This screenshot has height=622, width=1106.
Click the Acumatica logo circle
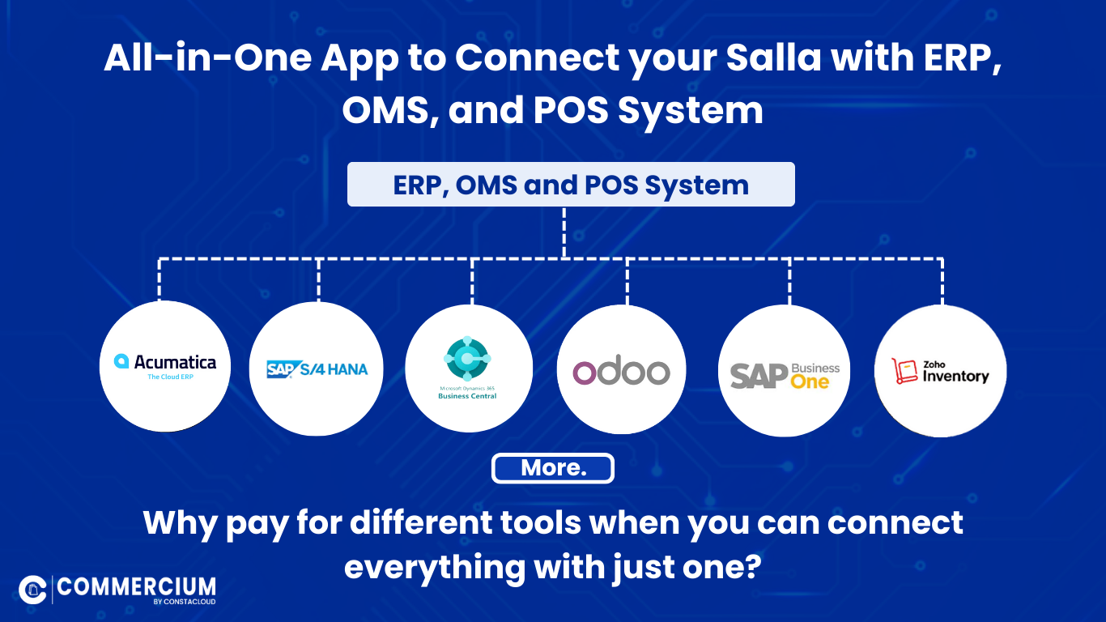165,366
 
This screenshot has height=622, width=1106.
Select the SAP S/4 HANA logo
317,369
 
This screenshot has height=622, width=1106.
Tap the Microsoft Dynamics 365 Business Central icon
467,359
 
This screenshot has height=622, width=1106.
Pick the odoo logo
621,373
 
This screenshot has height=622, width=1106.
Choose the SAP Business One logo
785,376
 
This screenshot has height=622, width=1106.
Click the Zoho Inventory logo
940,371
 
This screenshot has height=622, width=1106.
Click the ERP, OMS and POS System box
571,185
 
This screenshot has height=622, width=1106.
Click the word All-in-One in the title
208,58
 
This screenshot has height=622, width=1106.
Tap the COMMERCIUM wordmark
136,587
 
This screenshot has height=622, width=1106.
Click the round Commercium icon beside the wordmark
32,590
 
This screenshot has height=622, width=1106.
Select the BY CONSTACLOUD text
184,602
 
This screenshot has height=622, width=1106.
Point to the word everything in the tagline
435,567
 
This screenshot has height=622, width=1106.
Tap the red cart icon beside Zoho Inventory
904,371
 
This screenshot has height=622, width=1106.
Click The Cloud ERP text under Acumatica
170,377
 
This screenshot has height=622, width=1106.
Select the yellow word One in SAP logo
810,382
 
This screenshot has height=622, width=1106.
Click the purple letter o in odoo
585,373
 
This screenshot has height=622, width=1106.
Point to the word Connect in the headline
537,58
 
